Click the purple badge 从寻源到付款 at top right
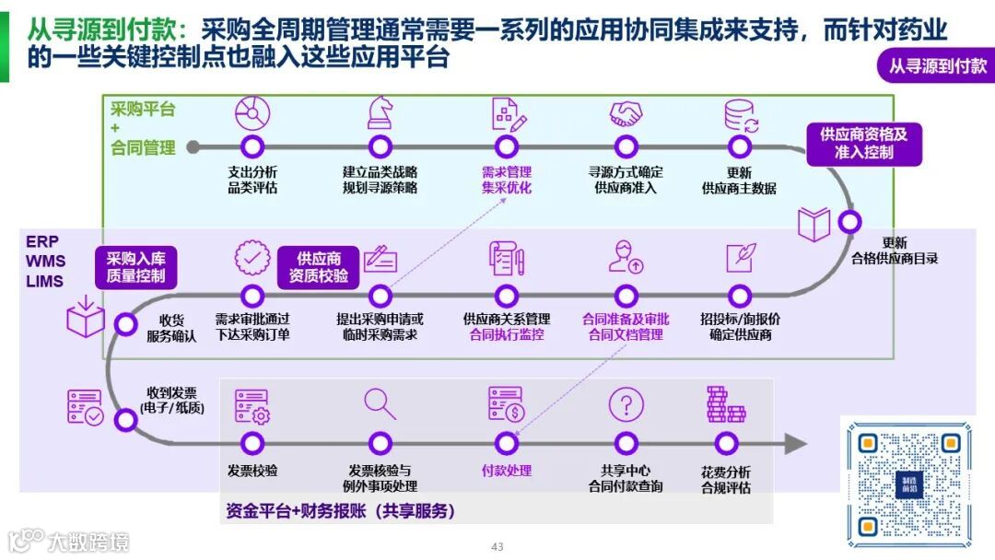click(936, 65)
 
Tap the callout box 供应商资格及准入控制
click(864, 144)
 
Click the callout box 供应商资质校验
click(319, 266)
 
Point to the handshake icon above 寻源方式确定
click(626, 114)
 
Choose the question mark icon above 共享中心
click(626, 404)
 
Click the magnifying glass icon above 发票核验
click(380, 403)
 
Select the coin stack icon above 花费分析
click(725, 404)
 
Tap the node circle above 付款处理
click(506, 443)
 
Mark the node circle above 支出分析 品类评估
click(252, 146)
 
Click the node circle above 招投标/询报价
click(740, 296)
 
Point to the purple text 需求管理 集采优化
click(506, 180)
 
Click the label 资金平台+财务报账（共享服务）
click(341, 510)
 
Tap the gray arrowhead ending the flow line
click(795, 443)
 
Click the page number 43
click(497, 546)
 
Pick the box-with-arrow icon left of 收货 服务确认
click(85, 316)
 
